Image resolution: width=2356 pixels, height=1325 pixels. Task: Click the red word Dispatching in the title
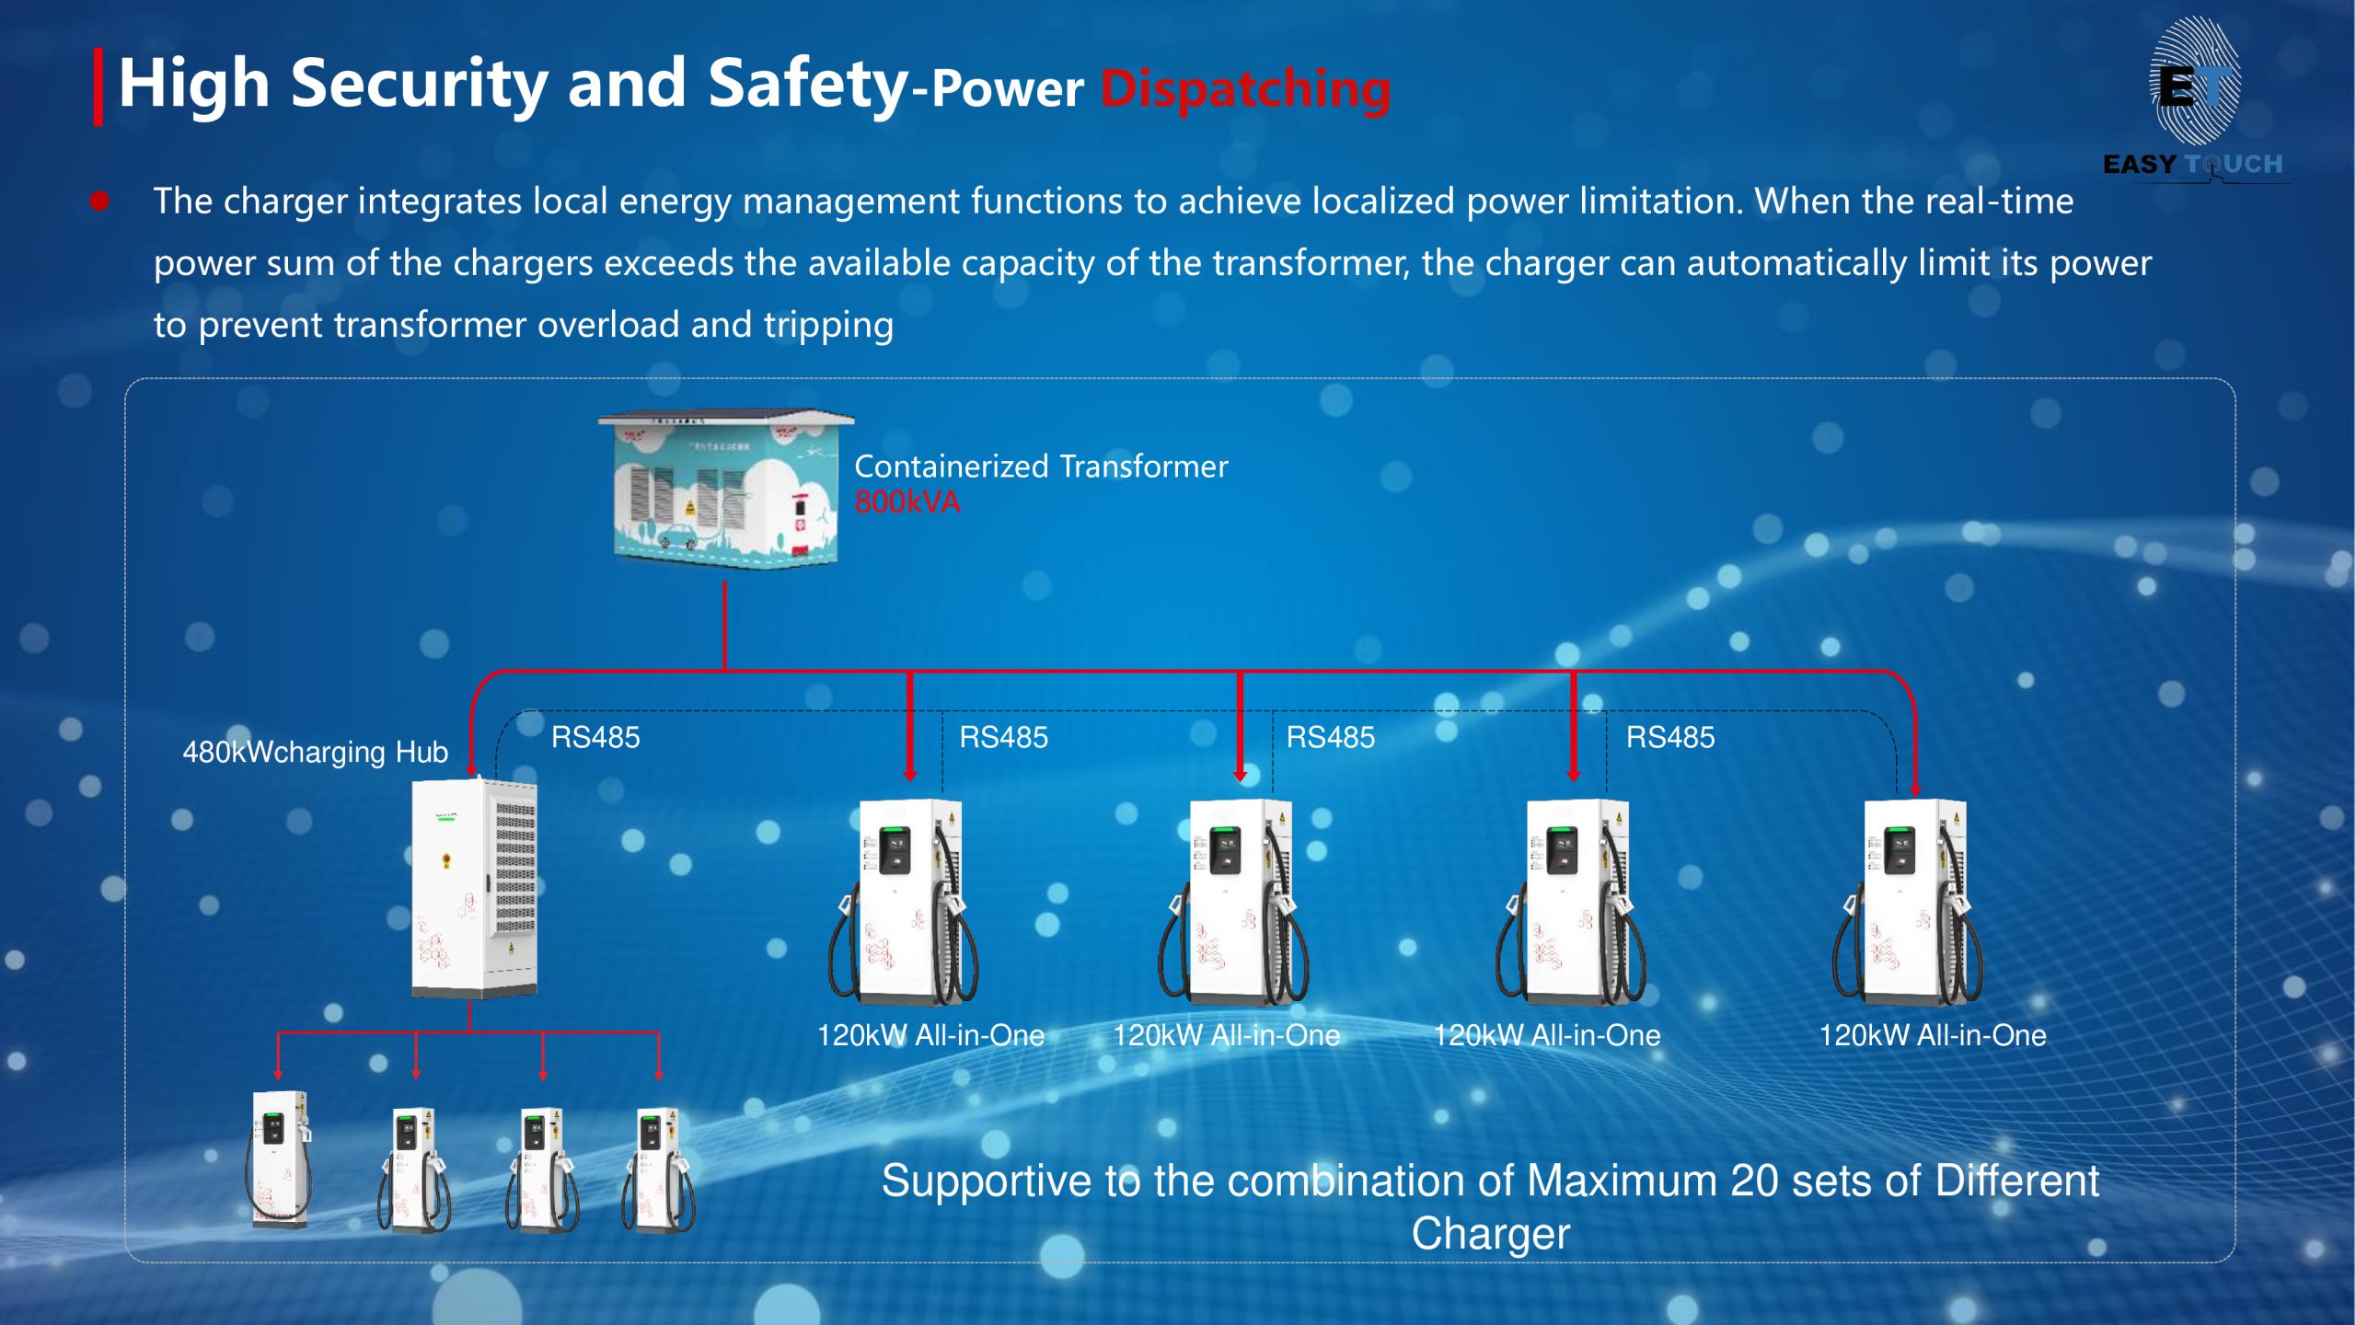[x=1245, y=89]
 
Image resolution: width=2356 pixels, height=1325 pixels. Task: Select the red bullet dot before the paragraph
[x=100, y=201]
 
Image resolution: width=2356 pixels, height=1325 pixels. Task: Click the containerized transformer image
[x=726, y=489]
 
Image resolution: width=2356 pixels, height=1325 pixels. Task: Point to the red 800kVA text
[x=907, y=502]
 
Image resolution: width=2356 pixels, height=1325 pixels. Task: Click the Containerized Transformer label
[x=1041, y=467]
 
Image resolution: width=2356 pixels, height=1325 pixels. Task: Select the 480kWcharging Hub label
[x=315, y=752]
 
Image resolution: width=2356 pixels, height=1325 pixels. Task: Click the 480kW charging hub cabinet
[x=474, y=888]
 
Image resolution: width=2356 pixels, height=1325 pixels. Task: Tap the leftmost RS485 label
[x=595, y=737]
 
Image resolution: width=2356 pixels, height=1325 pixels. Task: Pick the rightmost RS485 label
[x=1670, y=737]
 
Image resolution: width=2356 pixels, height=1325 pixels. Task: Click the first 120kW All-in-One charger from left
[x=904, y=902]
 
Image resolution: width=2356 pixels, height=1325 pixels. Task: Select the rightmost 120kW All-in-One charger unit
[x=1909, y=902]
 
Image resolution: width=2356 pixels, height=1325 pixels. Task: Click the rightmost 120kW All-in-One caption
[x=1933, y=1035]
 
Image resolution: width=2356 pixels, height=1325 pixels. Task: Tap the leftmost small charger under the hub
[x=279, y=1159]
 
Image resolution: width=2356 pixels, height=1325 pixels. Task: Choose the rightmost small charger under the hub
[x=659, y=1169]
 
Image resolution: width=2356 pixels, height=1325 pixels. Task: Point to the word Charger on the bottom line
[x=1491, y=1234]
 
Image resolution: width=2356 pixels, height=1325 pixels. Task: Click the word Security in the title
[x=420, y=85]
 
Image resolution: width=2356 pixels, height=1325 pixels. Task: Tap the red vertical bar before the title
[x=98, y=86]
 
